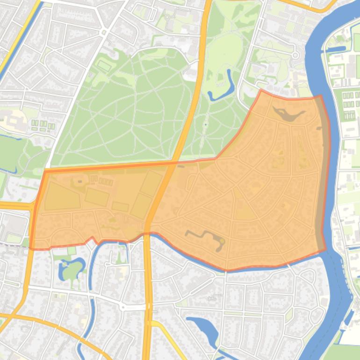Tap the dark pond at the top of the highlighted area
tap(287, 114)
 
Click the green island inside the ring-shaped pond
tap(72, 270)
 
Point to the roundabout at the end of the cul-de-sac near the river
tap(295, 55)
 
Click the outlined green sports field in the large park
tap(104, 66)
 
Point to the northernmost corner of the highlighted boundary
tap(261, 90)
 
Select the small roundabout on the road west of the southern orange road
tap(123, 307)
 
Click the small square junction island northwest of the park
tap(103, 32)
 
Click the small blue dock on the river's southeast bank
tap(348, 318)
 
